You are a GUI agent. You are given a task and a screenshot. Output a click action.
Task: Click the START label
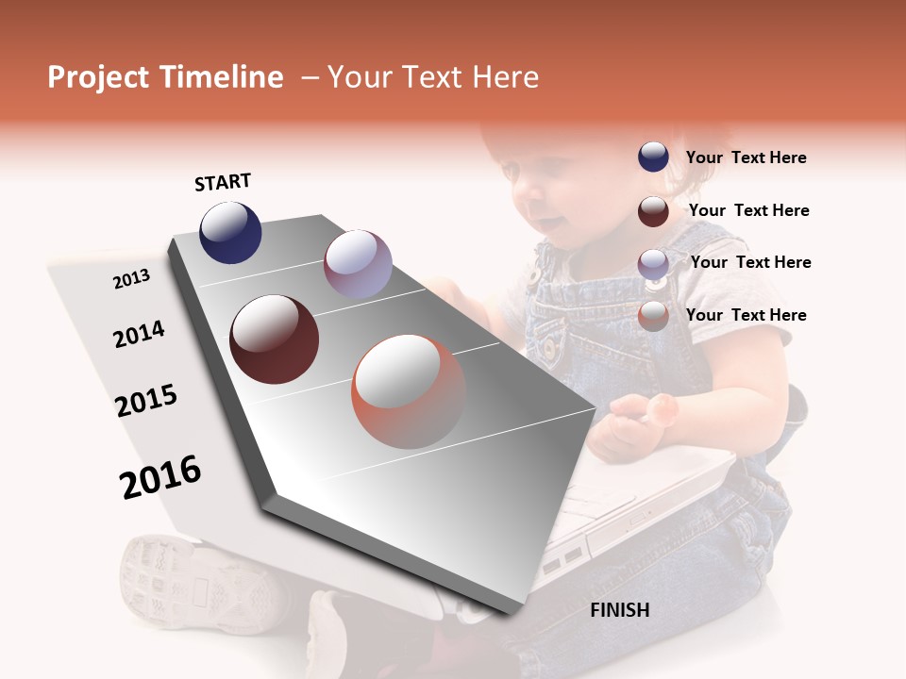click(x=223, y=182)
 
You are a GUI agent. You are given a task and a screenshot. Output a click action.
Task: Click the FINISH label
click(x=619, y=610)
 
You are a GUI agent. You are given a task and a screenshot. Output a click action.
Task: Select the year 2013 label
click(x=131, y=279)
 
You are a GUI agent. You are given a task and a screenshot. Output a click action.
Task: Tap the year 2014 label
click(x=139, y=334)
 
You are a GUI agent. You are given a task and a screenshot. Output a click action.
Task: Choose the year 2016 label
click(x=160, y=477)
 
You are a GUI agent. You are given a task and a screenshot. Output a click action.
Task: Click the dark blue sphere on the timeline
click(x=230, y=232)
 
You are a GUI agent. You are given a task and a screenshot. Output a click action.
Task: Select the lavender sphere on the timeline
click(x=358, y=264)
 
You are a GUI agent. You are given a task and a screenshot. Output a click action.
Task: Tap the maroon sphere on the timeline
click(x=275, y=339)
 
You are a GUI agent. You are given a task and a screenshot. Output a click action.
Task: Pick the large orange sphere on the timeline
click(x=408, y=390)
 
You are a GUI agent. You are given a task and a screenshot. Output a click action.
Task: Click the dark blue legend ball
click(x=653, y=157)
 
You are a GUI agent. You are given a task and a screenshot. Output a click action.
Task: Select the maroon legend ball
click(x=653, y=210)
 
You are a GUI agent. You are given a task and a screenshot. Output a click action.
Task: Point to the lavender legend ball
click(x=653, y=263)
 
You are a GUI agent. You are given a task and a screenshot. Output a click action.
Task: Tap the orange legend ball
click(x=653, y=316)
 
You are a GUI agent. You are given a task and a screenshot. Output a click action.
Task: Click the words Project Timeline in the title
click(x=165, y=77)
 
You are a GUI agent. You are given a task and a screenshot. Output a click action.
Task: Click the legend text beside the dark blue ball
click(x=746, y=157)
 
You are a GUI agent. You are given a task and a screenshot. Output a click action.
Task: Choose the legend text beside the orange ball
click(x=746, y=315)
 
